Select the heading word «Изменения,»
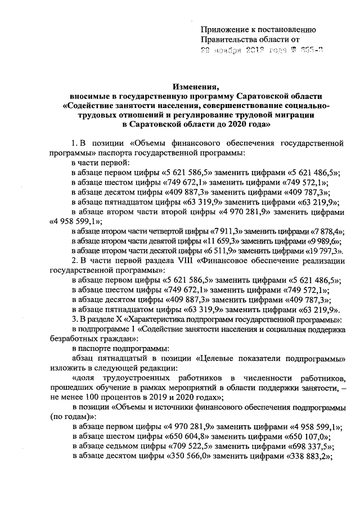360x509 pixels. [x=195, y=87]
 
